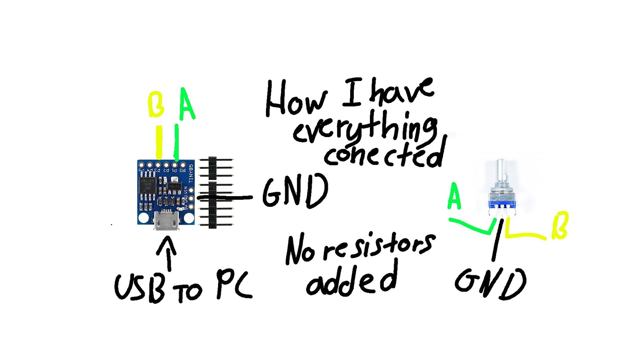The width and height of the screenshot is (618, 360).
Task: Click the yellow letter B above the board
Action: pos(155,105)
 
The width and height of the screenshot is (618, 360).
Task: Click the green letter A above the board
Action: pos(187,104)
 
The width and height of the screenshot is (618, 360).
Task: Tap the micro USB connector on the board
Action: pos(167,221)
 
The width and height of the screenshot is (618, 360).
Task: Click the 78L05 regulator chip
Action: pos(174,185)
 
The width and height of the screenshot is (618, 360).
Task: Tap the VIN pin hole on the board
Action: pos(192,189)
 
